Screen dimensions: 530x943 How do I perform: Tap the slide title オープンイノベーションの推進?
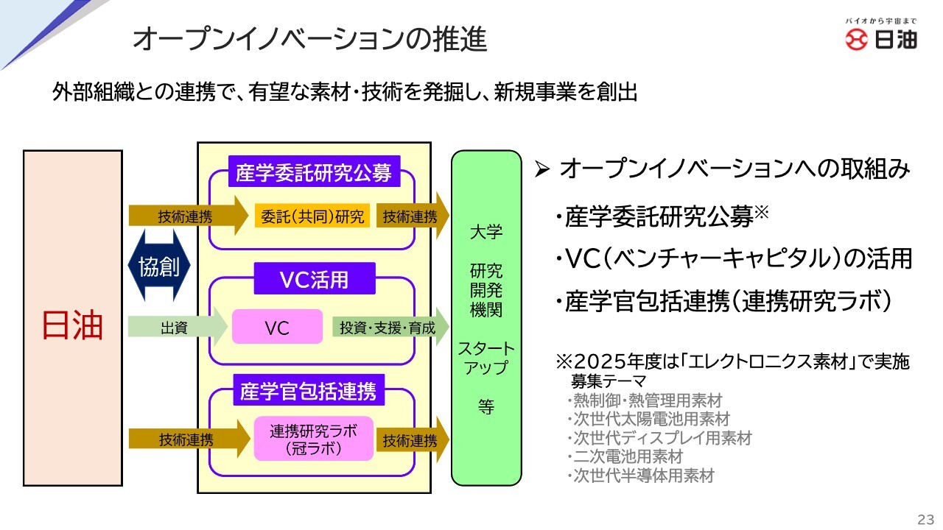309,40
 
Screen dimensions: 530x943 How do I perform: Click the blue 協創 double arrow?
159,266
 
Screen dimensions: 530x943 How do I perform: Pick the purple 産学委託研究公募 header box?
315,174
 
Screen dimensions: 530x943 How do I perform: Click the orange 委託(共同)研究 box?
313,216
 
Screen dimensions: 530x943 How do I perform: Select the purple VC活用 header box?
315,280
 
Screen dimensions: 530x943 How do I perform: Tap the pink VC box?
277,327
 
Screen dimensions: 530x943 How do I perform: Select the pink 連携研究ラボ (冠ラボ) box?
314,439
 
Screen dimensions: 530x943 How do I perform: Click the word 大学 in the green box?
486,233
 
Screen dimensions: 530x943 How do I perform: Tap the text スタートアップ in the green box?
486,358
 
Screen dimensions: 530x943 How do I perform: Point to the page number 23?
924,517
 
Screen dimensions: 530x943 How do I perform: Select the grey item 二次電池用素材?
628,456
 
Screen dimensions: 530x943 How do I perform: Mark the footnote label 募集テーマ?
609,381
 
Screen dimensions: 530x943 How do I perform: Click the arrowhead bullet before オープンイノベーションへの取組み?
542,170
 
